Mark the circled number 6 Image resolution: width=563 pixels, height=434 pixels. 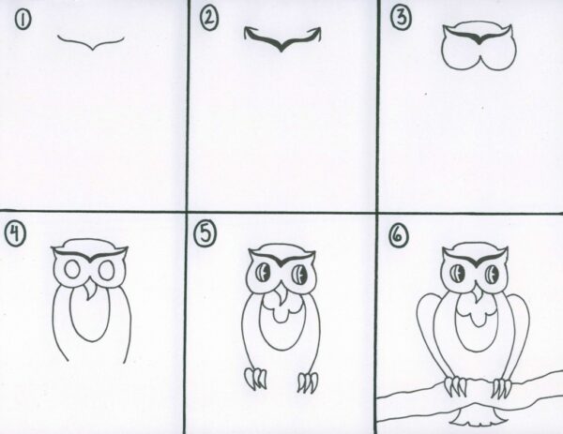point(399,234)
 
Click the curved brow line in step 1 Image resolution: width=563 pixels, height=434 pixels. point(91,42)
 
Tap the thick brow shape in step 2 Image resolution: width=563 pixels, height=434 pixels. point(279,39)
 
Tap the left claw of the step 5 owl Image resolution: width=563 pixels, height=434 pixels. point(253,380)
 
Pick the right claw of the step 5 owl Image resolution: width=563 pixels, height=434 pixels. point(307,382)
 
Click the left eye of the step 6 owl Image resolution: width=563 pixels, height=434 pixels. point(454,275)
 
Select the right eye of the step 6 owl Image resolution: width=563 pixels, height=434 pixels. point(492,275)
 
